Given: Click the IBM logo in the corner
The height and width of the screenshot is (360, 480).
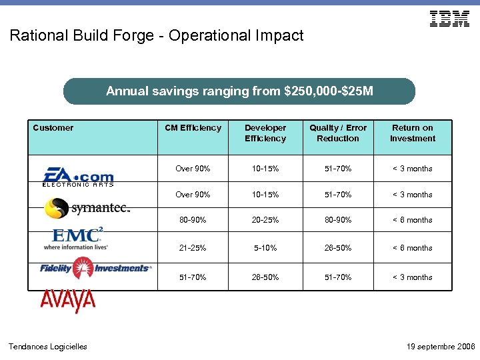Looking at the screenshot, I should click(450, 19).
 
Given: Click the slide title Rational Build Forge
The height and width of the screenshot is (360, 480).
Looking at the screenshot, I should click(157, 35).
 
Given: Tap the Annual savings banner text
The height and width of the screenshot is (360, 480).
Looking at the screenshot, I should click(239, 91).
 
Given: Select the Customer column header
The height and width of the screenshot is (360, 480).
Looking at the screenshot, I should click(53, 128).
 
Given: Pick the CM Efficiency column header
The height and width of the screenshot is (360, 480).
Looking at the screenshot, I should click(193, 128).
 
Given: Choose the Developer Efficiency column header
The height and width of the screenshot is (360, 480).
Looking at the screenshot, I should click(265, 133).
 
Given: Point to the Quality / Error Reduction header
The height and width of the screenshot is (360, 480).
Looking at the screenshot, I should click(338, 133).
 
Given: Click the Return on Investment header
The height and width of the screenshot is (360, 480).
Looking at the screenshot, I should click(413, 133).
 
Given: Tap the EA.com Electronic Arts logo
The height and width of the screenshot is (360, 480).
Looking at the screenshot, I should click(78, 177).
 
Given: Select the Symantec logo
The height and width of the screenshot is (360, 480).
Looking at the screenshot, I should click(87, 208).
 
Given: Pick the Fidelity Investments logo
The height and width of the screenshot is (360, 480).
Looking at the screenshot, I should click(95, 268).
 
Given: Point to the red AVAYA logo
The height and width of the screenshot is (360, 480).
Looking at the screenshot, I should click(68, 301).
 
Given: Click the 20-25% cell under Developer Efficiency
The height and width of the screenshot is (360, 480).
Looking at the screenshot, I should click(265, 220).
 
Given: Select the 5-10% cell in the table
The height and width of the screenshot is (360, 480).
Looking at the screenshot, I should click(265, 248).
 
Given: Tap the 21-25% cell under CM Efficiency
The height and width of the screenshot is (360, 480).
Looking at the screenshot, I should click(193, 248).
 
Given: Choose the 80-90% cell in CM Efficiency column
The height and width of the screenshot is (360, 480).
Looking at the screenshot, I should click(193, 220).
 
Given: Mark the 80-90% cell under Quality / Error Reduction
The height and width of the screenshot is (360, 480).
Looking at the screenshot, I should click(338, 220).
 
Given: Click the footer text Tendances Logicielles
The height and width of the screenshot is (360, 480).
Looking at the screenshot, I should click(47, 347).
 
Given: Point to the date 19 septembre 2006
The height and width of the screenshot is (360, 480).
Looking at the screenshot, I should click(440, 347).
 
